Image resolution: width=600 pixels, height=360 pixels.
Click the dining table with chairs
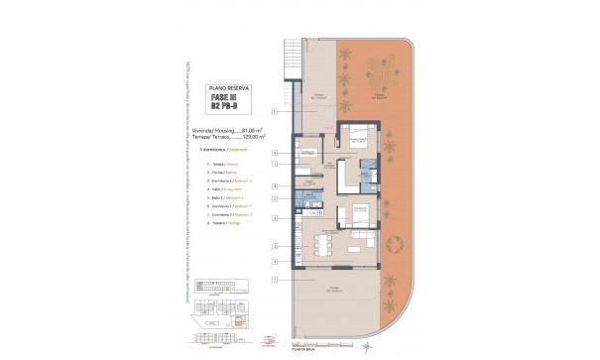pyautogui.click(x=322, y=245)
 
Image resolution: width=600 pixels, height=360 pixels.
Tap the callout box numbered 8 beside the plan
pyautogui.click(x=275, y=186)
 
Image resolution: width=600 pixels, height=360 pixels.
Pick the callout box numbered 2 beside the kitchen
pyautogui.click(x=275, y=260)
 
